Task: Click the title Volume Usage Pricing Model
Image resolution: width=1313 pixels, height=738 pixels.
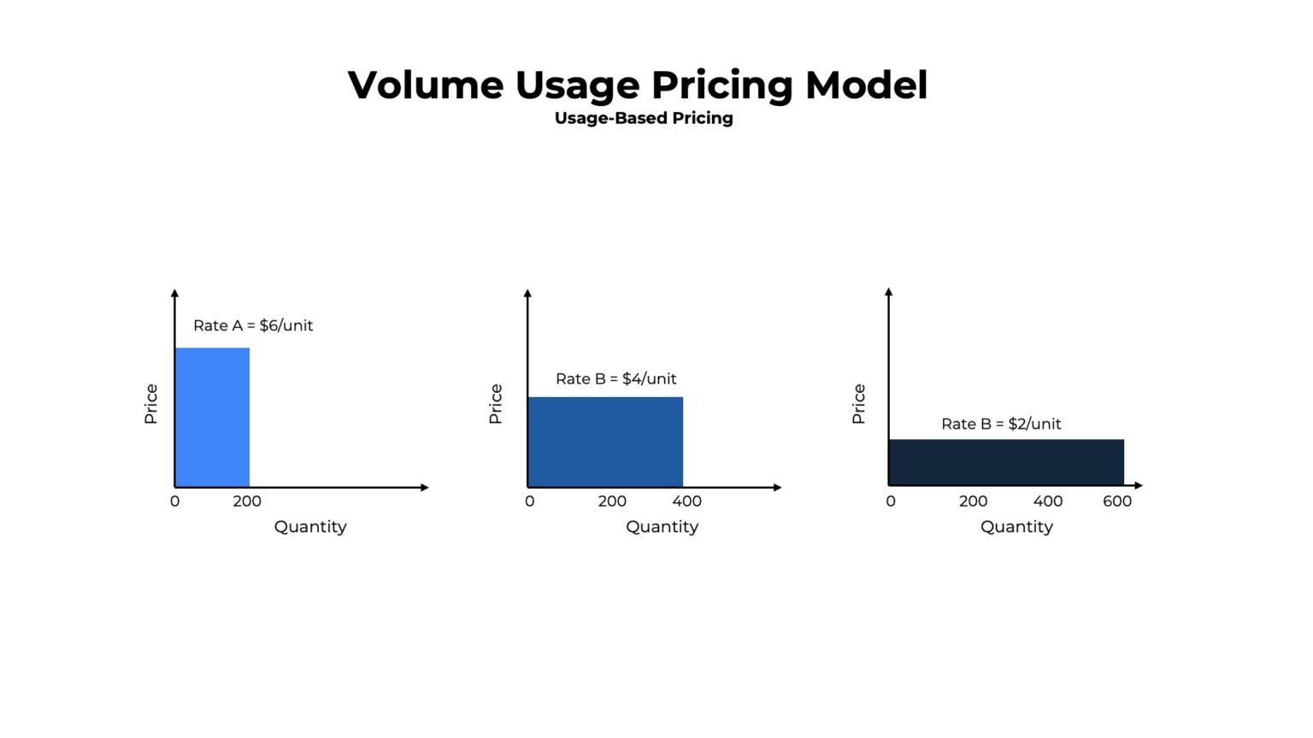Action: pos(637,85)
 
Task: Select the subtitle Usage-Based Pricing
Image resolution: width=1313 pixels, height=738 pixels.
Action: pos(644,118)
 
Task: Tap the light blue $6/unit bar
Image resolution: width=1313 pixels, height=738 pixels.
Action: pos(212,417)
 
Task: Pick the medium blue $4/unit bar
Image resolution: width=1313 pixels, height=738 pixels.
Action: pos(605,442)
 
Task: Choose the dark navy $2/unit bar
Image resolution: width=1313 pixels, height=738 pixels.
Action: pos(1006,462)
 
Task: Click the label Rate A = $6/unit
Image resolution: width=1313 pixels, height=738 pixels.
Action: pos(253,325)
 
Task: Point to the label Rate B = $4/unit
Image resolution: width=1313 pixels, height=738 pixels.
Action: pos(615,378)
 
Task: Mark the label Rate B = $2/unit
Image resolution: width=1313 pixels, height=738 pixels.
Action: pos(1001,424)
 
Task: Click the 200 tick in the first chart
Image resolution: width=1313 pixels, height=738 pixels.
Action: pos(247,501)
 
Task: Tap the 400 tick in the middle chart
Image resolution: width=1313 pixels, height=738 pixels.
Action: pos(686,501)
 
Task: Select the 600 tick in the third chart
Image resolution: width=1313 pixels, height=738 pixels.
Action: pos(1117,501)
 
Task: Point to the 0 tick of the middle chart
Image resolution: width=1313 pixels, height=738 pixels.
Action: pos(530,501)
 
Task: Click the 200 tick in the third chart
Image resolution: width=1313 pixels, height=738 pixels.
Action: pos(973,501)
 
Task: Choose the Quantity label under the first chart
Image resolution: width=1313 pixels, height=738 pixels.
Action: pos(310,527)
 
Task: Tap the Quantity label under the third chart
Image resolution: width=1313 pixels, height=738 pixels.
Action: pos(1016,527)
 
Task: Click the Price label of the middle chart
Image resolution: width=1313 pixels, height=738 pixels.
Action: pos(496,403)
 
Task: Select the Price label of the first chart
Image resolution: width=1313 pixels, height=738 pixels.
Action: pos(151,403)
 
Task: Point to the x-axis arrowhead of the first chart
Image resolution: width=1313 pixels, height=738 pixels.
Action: pos(425,488)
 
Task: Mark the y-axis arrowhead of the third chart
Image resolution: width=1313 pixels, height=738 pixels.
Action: pos(889,292)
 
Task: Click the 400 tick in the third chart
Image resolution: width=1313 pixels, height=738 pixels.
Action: pos(1048,501)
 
